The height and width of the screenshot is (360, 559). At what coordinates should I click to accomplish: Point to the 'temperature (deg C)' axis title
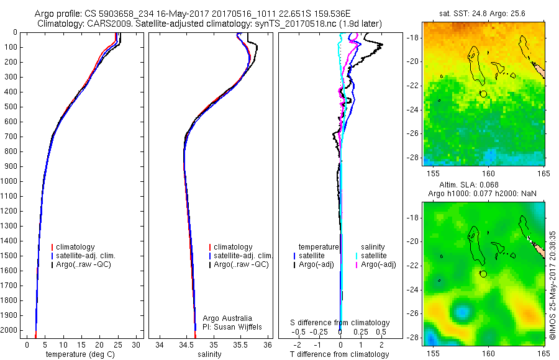click(x=78, y=354)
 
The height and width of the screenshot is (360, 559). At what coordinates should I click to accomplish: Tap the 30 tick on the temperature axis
click(x=136, y=344)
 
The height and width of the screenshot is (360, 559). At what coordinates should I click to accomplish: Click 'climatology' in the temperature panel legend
click(x=79, y=247)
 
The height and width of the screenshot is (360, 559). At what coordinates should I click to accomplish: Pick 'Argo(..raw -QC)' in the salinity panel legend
click(x=241, y=264)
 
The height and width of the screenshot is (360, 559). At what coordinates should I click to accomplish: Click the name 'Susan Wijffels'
click(x=238, y=326)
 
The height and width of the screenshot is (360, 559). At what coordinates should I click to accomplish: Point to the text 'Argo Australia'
click(x=227, y=318)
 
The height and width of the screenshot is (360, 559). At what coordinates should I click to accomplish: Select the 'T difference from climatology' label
click(x=339, y=354)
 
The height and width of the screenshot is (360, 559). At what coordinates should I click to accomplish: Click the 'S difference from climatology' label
click(x=340, y=323)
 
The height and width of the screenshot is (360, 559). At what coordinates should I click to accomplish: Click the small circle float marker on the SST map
click(x=483, y=93)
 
